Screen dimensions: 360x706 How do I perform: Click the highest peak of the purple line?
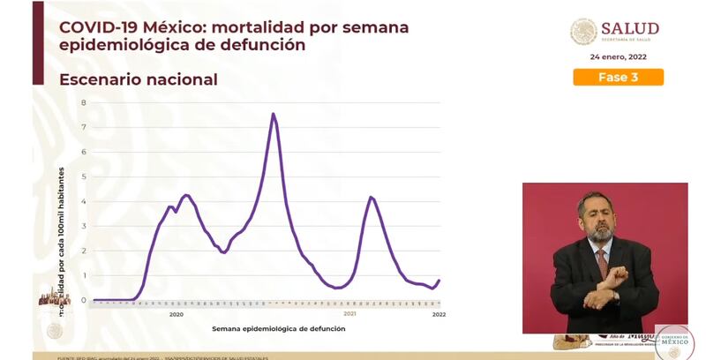[x=274, y=114]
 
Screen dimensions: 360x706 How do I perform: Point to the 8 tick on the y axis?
[x=84, y=102]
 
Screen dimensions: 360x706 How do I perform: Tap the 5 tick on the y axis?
[x=84, y=176]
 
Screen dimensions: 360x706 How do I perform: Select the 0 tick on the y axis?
[x=84, y=300]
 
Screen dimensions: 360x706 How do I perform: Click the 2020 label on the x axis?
[x=176, y=314]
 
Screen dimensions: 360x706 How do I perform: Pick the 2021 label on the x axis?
[x=349, y=314]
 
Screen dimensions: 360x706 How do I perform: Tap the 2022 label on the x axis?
[x=439, y=314]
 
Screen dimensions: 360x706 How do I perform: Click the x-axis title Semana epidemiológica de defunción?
[x=278, y=328]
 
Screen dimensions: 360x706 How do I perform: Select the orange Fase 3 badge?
[x=618, y=77]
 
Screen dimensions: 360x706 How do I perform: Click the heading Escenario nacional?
[x=139, y=79]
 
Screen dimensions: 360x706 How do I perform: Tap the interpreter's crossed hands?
[x=608, y=288]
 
